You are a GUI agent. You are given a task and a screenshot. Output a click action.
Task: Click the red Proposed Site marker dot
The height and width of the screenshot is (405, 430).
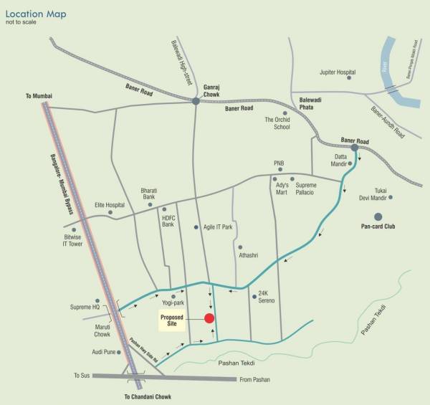pos(209,318)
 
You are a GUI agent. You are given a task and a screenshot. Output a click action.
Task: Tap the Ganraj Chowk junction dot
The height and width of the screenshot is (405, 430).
pos(196,102)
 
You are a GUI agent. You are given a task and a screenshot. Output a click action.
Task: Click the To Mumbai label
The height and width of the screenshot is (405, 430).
pos(39,96)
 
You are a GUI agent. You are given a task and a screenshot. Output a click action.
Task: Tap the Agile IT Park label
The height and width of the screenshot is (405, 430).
pos(218,227)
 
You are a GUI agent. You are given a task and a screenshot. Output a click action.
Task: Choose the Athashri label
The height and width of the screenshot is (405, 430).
pos(247,255)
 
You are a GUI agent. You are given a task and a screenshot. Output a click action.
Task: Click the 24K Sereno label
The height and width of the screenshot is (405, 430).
pos(267,296)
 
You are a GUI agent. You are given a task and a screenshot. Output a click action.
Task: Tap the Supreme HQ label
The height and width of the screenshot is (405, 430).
pos(85,308)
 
